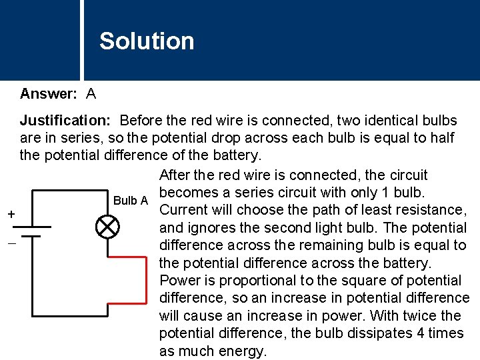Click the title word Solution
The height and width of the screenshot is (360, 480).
click(147, 41)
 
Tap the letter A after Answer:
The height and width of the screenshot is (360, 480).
click(91, 94)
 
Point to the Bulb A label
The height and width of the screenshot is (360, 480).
click(131, 201)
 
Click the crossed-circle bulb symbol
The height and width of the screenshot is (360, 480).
click(107, 227)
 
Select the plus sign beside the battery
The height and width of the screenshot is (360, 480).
click(11, 214)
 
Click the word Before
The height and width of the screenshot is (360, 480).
click(143, 121)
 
